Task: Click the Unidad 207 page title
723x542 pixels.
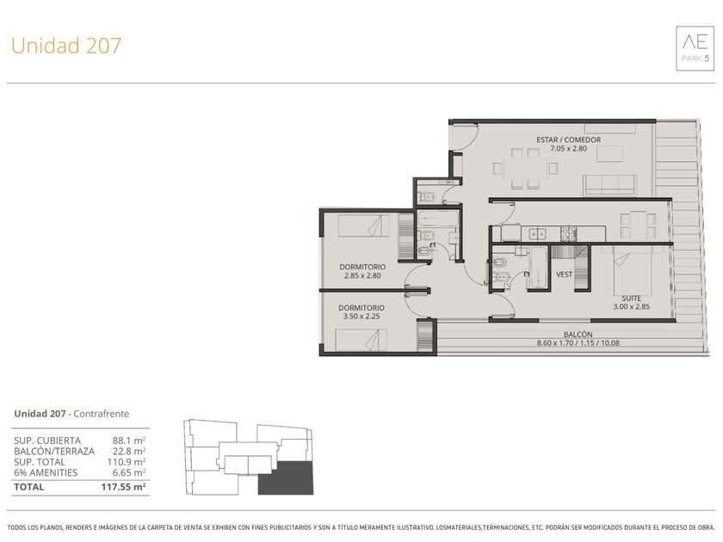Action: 66,46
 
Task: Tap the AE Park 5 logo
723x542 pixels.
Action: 695,48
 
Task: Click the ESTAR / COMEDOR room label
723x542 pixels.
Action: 569,139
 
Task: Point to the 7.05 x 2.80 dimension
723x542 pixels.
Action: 569,148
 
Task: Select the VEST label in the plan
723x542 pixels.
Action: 564,274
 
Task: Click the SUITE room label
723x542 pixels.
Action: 631,299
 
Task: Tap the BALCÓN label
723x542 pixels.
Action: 578,334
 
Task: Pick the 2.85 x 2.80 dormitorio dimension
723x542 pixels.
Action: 362,275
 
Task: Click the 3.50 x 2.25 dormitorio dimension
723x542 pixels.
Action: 361,317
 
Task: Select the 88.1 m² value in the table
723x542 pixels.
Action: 129,440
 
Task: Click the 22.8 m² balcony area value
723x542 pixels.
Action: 129,451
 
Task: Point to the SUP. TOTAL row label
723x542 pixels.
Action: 40,462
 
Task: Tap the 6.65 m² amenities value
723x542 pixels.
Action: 129,472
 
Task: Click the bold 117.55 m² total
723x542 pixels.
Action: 124,487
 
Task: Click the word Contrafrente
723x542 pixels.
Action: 101,414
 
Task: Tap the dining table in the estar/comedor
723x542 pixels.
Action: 525,169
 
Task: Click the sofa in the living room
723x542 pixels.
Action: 609,185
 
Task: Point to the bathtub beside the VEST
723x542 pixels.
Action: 538,268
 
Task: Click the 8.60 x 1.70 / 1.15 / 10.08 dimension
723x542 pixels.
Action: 578,343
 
